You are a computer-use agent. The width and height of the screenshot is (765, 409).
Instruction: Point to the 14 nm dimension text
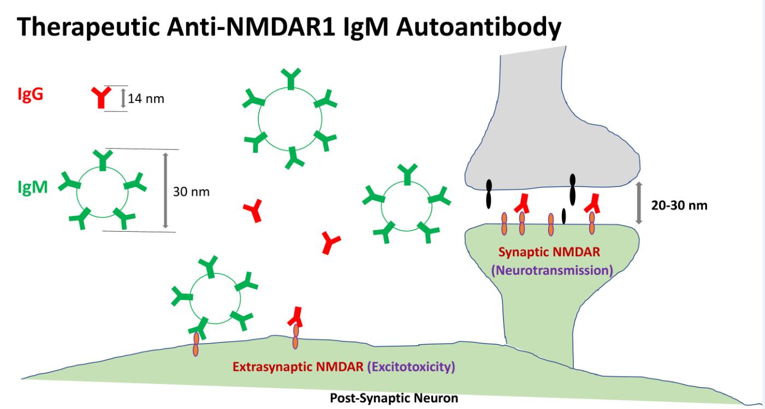[146, 99]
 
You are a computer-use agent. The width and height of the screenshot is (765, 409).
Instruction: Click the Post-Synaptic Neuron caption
[394, 399]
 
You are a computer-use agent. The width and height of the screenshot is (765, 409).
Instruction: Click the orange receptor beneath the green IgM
[195, 344]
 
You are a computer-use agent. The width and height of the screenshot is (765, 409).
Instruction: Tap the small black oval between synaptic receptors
[564, 215]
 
